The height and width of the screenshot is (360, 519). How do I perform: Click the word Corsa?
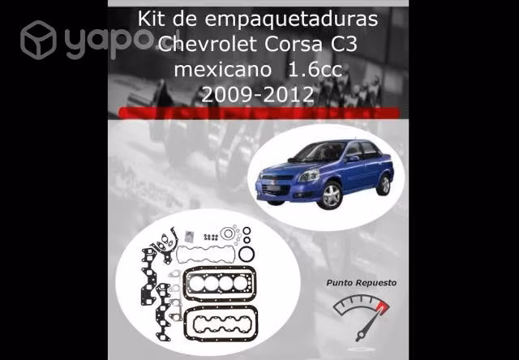(294, 45)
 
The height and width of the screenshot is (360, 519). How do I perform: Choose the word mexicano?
(223, 70)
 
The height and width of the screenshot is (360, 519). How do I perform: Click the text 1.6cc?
(315, 70)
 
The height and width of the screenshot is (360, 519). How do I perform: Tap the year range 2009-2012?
(258, 95)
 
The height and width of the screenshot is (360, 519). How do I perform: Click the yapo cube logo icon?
(38, 40)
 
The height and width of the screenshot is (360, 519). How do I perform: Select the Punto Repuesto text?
(361, 283)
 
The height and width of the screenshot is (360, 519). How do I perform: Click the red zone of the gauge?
(382, 308)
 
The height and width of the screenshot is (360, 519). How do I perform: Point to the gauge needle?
(368, 325)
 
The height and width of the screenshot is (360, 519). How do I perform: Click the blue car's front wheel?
(330, 195)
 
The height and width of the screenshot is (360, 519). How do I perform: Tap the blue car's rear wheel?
(384, 186)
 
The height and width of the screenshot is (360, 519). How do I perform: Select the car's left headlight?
(308, 176)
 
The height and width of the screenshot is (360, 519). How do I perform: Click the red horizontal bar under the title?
(259, 113)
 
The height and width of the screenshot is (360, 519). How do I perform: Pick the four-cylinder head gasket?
(220, 284)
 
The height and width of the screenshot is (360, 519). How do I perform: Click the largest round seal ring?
(247, 254)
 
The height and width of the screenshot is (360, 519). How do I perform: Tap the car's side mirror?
(352, 158)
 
